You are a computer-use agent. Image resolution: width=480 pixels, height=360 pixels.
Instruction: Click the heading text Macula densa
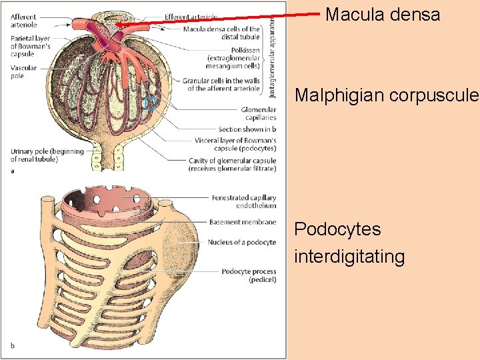(x=383, y=14)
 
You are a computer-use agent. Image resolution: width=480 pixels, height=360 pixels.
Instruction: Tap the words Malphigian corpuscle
(x=387, y=95)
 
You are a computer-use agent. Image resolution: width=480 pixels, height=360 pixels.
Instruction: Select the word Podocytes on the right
(x=337, y=229)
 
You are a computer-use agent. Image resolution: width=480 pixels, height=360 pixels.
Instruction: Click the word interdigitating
(x=349, y=257)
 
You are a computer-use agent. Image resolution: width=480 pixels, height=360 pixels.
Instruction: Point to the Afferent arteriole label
(x=24, y=21)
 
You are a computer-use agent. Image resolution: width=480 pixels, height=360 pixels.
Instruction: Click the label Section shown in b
(x=247, y=129)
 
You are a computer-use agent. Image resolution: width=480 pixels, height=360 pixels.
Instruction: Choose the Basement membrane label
(x=243, y=222)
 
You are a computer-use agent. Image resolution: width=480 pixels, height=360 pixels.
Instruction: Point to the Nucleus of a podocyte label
(x=242, y=242)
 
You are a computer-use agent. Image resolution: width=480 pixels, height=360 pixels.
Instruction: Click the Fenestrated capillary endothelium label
(x=243, y=201)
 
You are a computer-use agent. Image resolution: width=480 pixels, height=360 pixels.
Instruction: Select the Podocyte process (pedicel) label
(x=249, y=275)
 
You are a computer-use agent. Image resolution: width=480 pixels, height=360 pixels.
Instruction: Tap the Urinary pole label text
(x=47, y=155)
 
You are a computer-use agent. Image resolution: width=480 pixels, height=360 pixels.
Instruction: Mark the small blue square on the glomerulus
(x=151, y=103)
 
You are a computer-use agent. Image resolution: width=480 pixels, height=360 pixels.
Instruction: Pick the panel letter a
(x=13, y=172)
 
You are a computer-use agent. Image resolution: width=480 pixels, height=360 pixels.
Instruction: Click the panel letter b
(x=13, y=345)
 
